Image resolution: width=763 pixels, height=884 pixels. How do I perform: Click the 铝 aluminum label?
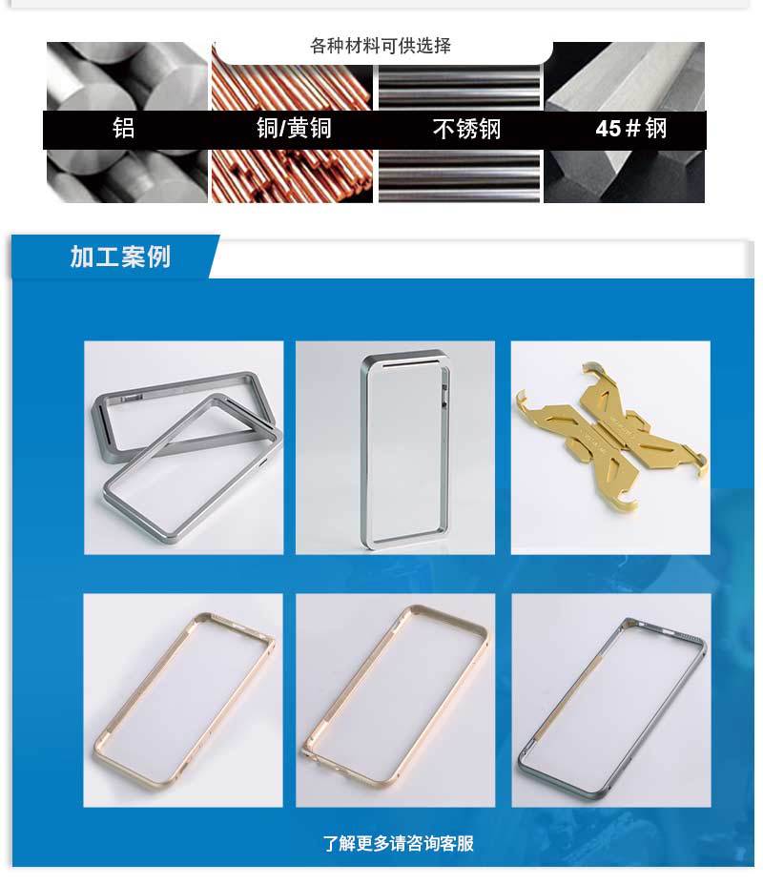pyautogui.click(x=124, y=129)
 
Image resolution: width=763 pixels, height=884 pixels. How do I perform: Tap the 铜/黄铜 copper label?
pyautogui.click(x=294, y=129)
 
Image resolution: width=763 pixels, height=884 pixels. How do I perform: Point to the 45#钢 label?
pyautogui.click(x=630, y=129)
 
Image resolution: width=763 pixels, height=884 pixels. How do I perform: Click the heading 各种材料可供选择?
pyautogui.click(x=381, y=46)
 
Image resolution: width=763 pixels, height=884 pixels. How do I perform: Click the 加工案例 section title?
pyautogui.click(x=120, y=257)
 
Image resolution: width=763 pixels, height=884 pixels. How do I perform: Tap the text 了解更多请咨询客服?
pyautogui.click(x=398, y=843)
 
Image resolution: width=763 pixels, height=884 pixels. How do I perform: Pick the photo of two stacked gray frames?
pyautogui.click(x=183, y=447)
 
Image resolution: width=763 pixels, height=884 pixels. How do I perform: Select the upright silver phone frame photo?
pyautogui.click(x=395, y=447)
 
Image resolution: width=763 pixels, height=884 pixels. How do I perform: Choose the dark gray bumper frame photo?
pyautogui.click(x=610, y=700)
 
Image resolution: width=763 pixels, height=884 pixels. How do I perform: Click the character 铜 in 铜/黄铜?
pyautogui.click(x=268, y=129)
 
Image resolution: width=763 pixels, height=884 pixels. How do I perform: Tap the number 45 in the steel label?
pyautogui.click(x=608, y=129)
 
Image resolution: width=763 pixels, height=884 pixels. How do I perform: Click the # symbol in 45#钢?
pyautogui.click(x=631, y=129)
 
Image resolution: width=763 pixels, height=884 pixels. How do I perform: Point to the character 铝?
pyautogui.click(x=124, y=129)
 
